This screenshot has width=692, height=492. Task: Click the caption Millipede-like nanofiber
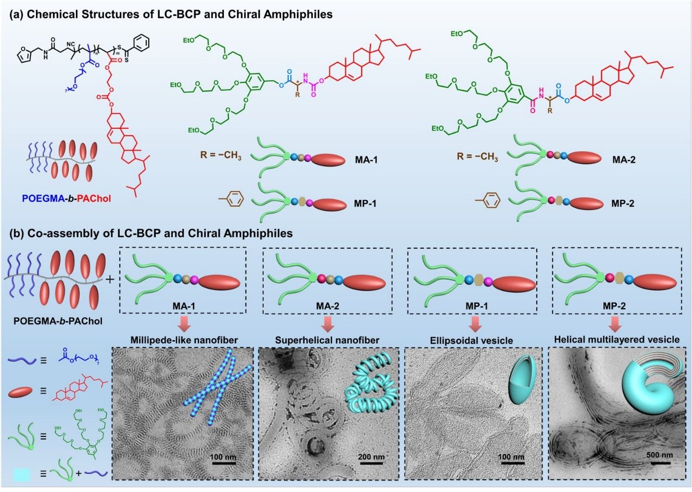pyautogui.click(x=182, y=340)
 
